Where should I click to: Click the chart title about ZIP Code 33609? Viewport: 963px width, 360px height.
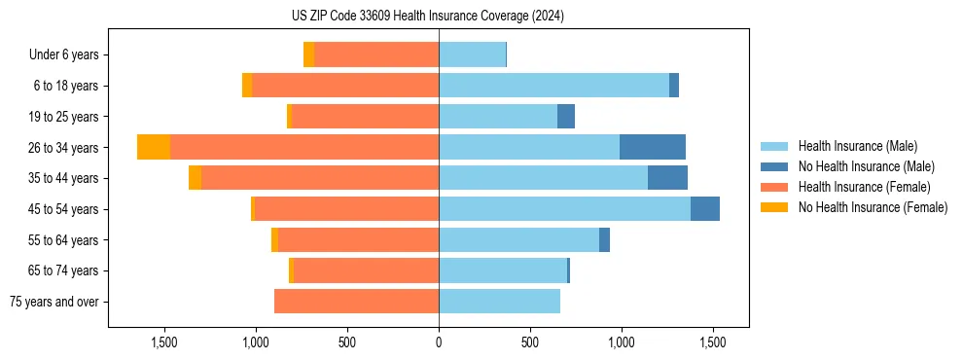pyautogui.click(x=428, y=17)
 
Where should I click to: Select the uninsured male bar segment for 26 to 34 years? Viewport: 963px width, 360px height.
pyautogui.click(x=653, y=147)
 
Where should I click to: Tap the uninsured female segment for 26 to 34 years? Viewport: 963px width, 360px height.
pyautogui.click(x=154, y=147)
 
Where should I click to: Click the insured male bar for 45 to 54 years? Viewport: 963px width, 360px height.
pyautogui.click(x=564, y=209)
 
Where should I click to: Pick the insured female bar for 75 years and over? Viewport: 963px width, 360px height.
pyautogui.click(x=356, y=302)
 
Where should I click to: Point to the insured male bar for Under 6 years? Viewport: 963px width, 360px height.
pyautogui.click(x=472, y=54)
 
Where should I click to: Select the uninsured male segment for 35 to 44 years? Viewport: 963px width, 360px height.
pyautogui.click(x=667, y=178)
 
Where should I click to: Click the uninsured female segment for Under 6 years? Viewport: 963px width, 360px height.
pyautogui.click(x=308, y=54)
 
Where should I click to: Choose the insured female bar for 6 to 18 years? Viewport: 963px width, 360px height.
pyautogui.click(x=345, y=86)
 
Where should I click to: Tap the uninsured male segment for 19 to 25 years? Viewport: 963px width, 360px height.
pyautogui.click(x=566, y=117)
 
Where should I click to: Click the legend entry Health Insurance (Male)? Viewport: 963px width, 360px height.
pyautogui.click(x=857, y=146)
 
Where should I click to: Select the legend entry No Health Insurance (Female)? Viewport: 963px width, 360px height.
pyautogui.click(x=873, y=207)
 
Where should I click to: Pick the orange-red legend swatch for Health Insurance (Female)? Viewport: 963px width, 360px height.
pyautogui.click(x=774, y=187)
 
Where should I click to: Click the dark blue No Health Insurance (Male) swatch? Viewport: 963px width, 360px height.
pyautogui.click(x=774, y=166)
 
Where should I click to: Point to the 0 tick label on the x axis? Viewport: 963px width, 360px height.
pyautogui.click(x=439, y=342)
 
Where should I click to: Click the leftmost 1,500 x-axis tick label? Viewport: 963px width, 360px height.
pyautogui.click(x=163, y=342)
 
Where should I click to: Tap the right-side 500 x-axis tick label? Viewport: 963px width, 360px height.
pyautogui.click(x=530, y=342)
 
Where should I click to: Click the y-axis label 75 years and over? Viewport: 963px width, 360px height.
pyautogui.click(x=54, y=302)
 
